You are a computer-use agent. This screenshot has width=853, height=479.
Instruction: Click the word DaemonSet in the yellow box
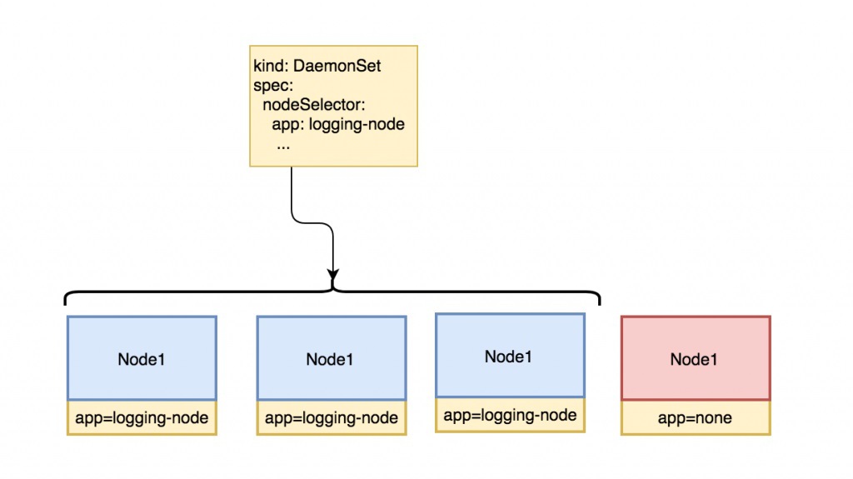pos(343,67)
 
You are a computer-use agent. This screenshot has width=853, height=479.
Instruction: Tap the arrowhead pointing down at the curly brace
pos(333,274)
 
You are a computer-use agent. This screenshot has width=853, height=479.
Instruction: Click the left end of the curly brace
pos(67,301)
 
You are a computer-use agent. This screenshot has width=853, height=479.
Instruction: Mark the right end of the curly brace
pos(598,301)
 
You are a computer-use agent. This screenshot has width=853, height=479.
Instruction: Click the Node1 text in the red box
pos(695,360)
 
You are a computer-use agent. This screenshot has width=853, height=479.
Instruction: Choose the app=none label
pos(695,418)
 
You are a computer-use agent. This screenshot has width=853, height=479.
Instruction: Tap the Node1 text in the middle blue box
pos(330,360)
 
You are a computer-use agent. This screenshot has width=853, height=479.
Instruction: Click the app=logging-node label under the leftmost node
pos(141,418)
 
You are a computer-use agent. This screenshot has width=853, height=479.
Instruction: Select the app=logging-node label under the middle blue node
pos(331,418)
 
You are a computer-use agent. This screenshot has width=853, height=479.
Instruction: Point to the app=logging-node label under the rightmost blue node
pos(510,415)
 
